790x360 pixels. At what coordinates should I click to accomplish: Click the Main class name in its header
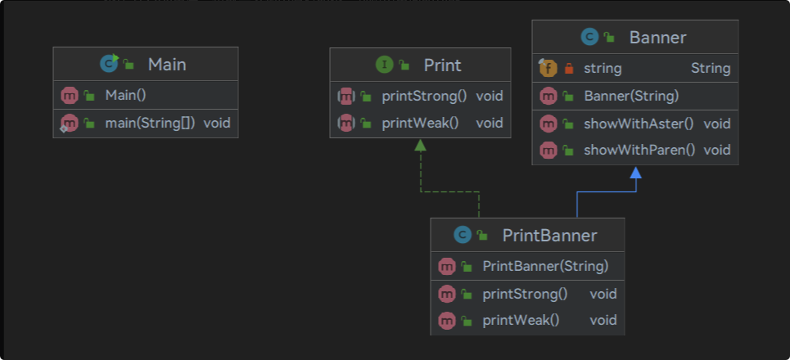[x=167, y=65]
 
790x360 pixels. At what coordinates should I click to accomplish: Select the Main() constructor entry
[x=125, y=95]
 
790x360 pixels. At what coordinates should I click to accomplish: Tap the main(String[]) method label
[x=150, y=123]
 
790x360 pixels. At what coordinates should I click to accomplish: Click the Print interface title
[x=442, y=65]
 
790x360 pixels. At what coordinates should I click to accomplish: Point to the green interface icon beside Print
[x=385, y=65]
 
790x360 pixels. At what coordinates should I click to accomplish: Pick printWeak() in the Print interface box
[x=420, y=123]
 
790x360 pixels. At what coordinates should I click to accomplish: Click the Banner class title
[x=657, y=38]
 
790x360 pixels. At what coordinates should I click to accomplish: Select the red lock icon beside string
[x=569, y=68]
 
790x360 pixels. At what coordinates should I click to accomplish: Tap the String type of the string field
[x=711, y=68]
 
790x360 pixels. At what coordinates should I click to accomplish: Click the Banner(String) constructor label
[x=631, y=96]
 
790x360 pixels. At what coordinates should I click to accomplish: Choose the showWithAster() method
[x=639, y=124]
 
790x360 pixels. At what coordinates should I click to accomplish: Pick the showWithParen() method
[x=639, y=150]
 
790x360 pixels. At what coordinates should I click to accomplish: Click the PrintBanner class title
[x=549, y=236]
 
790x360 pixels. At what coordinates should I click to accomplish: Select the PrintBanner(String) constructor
[x=546, y=266]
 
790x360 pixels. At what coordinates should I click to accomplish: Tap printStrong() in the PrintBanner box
[x=525, y=294]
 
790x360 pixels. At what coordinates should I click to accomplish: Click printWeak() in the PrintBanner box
[x=521, y=320]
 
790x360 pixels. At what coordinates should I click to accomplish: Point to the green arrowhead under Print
[x=420, y=145]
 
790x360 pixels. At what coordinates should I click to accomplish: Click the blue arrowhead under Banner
[x=636, y=172]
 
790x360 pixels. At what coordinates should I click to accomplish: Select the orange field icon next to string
[x=548, y=68]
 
